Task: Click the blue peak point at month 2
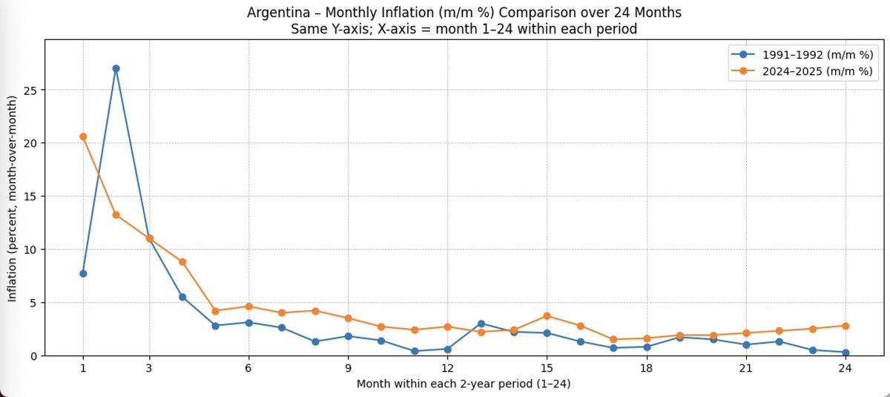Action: [116, 68]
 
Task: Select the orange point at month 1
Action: [83, 137]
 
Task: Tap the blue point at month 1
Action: [83, 274]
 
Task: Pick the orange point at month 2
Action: [116, 215]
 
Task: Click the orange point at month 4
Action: [182, 262]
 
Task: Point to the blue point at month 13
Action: [481, 324]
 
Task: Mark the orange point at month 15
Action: [547, 316]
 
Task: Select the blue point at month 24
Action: [845, 352]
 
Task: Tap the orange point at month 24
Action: [845, 326]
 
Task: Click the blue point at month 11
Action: [415, 351]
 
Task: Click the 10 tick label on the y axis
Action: [30, 249]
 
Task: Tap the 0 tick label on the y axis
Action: [33, 356]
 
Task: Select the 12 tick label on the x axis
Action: [447, 369]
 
